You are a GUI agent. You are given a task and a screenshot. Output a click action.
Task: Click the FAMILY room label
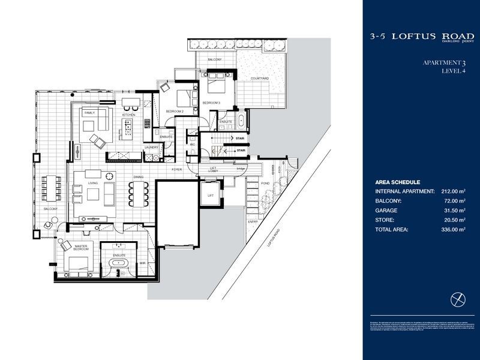[x=89, y=113]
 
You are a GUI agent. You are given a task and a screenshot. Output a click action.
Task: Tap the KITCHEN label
[x=128, y=115]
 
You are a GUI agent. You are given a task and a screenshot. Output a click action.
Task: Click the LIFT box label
[x=211, y=196]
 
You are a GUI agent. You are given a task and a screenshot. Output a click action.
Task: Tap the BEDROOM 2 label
[x=175, y=112]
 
